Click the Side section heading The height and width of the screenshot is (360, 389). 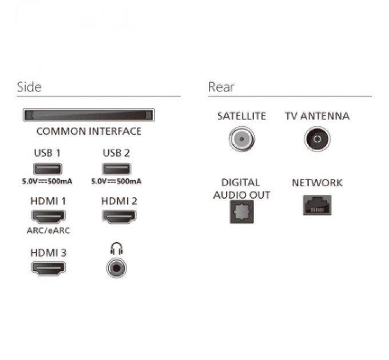click(29, 87)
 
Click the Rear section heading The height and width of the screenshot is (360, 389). click(221, 87)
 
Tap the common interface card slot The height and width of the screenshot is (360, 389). click(89, 115)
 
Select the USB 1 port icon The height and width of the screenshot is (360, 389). click(47, 169)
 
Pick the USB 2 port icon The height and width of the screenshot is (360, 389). click(116, 169)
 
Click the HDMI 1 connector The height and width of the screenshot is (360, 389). click(49, 217)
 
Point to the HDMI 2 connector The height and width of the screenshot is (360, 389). click(120, 217)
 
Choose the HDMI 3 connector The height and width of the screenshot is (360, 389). click(49, 269)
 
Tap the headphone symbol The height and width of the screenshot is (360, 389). click(116, 249)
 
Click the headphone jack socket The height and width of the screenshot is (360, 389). click(116, 268)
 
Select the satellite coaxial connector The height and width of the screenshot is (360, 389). click(242, 139)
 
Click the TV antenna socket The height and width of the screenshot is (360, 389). click(317, 139)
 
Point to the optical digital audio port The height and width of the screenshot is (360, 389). click(242, 211)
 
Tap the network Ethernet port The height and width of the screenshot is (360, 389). click(317, 205)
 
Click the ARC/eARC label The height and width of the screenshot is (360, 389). click(49, 231)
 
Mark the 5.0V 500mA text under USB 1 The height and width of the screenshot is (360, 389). click(47, 181)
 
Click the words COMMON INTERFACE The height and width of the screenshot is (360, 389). click(89, 131)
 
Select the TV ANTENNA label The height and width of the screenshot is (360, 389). click(317, 116)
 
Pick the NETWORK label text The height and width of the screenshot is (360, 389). click(317, 183)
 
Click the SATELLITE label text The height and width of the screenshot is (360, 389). click(241, 116)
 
